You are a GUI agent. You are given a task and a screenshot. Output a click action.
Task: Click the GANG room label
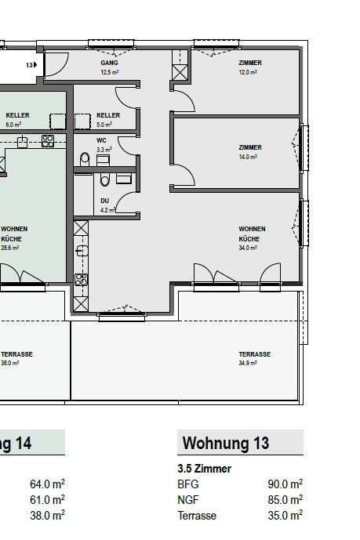(109, 62)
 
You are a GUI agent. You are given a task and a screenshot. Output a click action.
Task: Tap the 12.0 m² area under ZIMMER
(249, 72)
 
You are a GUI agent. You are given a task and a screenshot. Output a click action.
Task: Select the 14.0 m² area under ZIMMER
(249, 157)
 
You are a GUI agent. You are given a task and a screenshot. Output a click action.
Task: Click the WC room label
(100, 140)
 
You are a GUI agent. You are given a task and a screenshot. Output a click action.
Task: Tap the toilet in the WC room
(85, 159)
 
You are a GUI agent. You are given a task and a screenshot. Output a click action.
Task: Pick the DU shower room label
(104, 200)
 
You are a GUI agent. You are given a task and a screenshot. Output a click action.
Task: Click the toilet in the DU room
(104, 181)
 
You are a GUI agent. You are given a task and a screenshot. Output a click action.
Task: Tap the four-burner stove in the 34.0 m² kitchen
(79, 279)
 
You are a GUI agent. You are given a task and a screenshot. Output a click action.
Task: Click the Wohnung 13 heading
(226, 444)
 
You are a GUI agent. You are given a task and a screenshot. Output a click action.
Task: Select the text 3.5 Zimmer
(204, 469)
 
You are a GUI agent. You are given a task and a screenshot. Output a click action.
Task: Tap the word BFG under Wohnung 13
(188, 484)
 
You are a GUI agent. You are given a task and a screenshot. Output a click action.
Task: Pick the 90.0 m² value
(288, 484)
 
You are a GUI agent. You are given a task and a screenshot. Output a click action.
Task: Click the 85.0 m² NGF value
(288, 500)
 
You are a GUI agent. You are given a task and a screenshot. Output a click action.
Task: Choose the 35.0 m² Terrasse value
(288, 516)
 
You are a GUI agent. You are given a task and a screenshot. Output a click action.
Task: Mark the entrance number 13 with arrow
(31, 65)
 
